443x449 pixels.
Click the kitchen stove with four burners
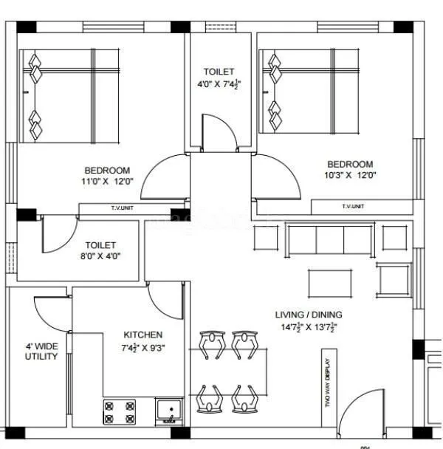pos(120,411)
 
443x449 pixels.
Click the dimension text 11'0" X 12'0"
pos(107,181)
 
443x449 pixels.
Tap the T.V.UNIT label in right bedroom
pos(353,207)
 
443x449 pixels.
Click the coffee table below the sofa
pos(329,282)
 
